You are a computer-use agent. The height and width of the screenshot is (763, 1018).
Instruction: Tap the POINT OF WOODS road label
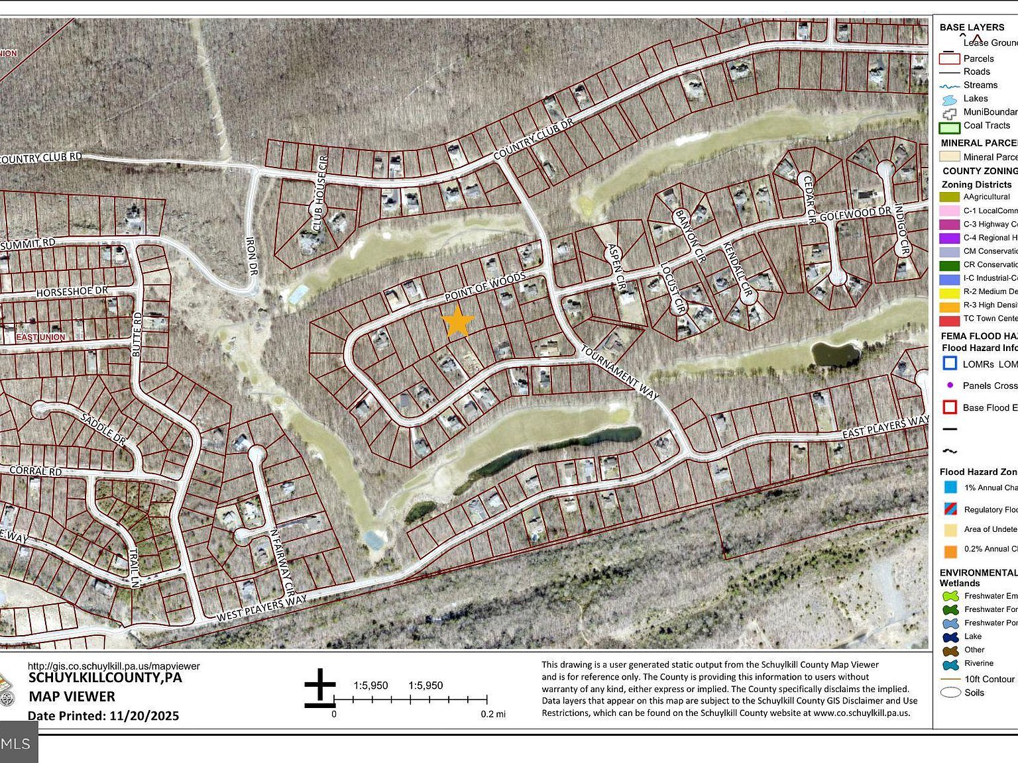coord(484,286)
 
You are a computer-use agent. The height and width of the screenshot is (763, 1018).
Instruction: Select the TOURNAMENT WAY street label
coord(620,372)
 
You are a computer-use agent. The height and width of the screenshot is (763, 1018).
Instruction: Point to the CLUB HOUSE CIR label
coord(320,194)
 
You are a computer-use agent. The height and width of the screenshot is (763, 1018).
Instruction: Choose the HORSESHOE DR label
coord(72,291)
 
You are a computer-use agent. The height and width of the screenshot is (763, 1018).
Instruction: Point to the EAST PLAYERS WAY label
coord(885,427)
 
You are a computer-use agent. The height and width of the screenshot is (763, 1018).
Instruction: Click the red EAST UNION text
coord(40,337)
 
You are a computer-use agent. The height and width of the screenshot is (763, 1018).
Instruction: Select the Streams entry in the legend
coord(980,85)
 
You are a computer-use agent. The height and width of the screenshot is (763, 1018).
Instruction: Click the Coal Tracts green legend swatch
coord(950,127)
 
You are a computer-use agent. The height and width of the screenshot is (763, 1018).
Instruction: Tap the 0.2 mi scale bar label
coord(492,714)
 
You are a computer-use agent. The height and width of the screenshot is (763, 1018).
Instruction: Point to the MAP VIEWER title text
coord(72,696)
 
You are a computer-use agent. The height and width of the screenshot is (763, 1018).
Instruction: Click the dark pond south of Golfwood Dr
coord(835,354)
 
